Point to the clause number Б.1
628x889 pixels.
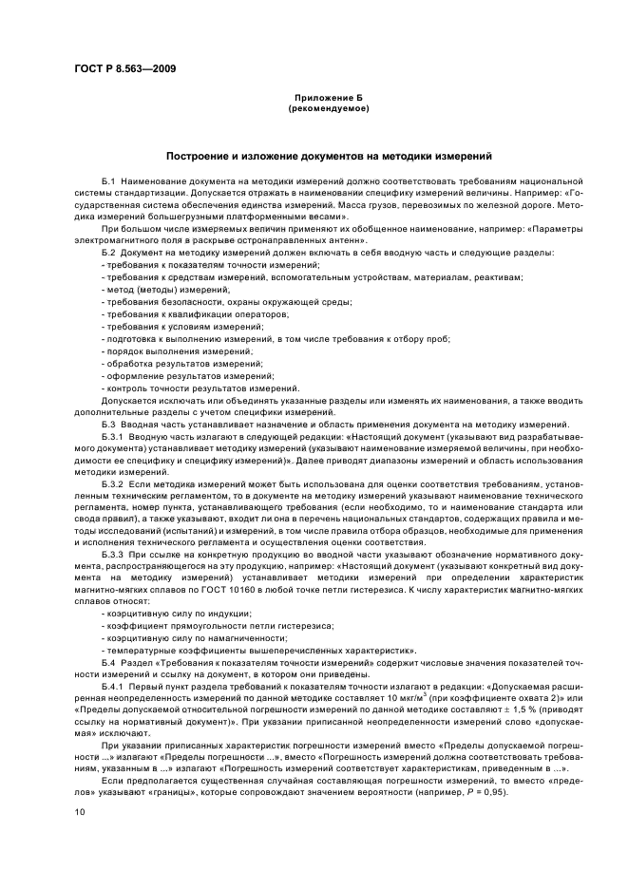click(x=108, y=180)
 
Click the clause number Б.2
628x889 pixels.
click(x=108, y=252)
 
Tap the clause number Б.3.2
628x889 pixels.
click(x=113, y=484)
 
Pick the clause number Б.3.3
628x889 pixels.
click(x=113, y=553)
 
